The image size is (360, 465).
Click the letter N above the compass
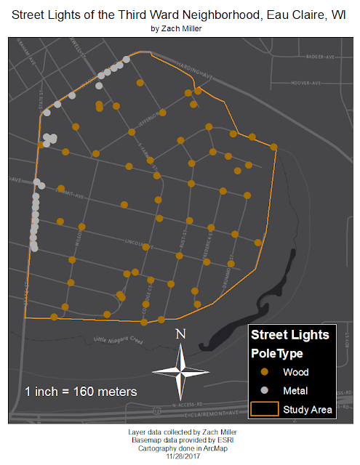[182, 334]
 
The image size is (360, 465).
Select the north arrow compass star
[182, 370]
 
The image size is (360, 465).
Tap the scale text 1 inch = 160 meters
[81, 391]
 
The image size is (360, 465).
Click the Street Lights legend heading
[289, 335]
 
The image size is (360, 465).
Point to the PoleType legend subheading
[276, 354]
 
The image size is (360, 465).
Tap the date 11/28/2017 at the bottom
[180, 455]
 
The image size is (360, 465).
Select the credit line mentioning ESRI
[180, 440]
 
